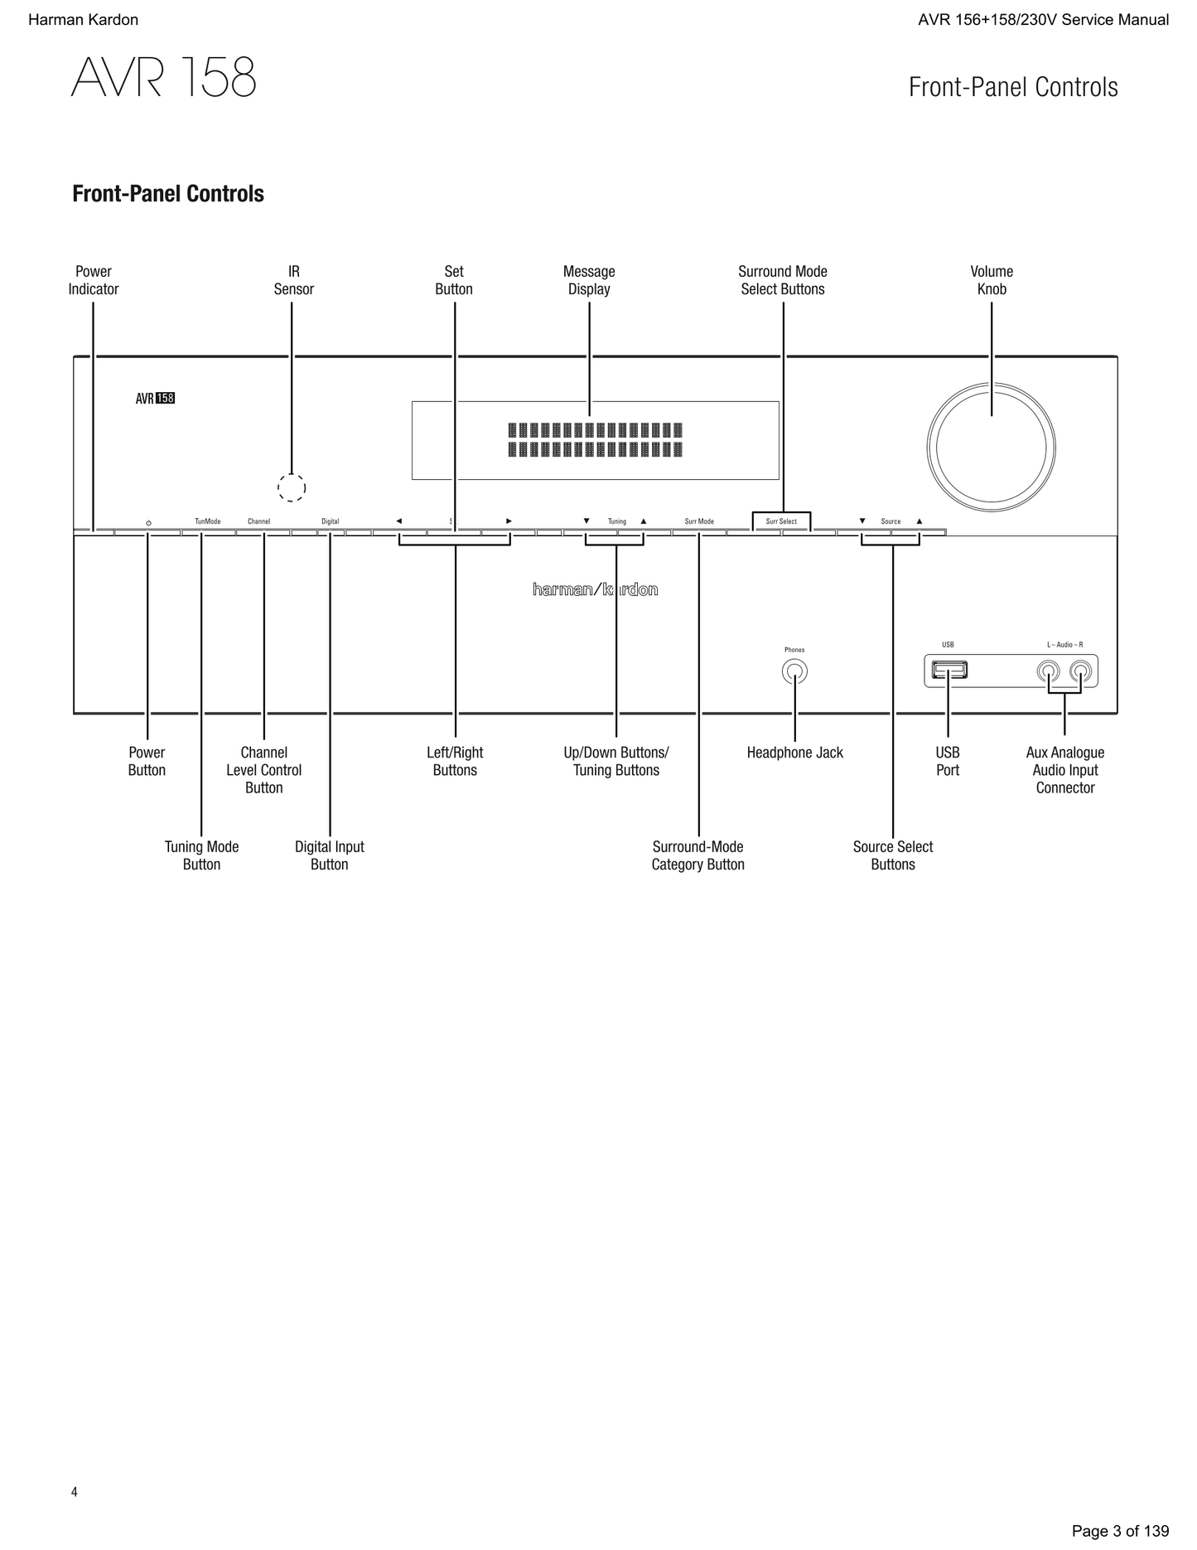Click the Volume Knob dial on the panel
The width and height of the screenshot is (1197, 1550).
pos(991,448)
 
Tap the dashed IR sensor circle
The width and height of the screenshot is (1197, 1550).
pos(292,487)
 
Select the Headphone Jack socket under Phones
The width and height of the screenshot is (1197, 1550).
pos(794,671)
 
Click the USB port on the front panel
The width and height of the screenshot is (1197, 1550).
pos(949,670)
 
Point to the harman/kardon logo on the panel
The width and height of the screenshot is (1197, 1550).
pos(595,589)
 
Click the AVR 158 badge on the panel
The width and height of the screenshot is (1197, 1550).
pos(155,399)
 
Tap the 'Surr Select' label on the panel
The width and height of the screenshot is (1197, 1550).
pos(781,521)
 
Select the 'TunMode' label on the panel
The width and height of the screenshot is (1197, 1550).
pos(208,521)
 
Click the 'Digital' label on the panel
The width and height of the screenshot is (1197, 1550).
pos(330,521)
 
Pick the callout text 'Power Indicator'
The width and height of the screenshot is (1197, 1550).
pos(94,280)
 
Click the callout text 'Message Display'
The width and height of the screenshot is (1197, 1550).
pos(589,280)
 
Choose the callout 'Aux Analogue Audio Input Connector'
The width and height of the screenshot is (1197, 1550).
pos(1064,770)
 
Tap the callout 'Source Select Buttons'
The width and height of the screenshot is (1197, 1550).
pos(893,855)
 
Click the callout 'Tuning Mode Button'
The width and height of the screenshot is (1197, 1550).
pos(201,855)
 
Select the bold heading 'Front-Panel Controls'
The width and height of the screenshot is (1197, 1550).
pos(168,194)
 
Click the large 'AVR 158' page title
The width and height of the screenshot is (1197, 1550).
pos(164,79)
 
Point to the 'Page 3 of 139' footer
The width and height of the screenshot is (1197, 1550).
pos(1120,1531)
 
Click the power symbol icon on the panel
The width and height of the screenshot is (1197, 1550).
pos(148,523)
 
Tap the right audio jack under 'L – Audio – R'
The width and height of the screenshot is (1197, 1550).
pos(1080,671)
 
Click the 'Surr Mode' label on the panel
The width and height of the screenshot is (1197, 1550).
pos(699,521)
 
